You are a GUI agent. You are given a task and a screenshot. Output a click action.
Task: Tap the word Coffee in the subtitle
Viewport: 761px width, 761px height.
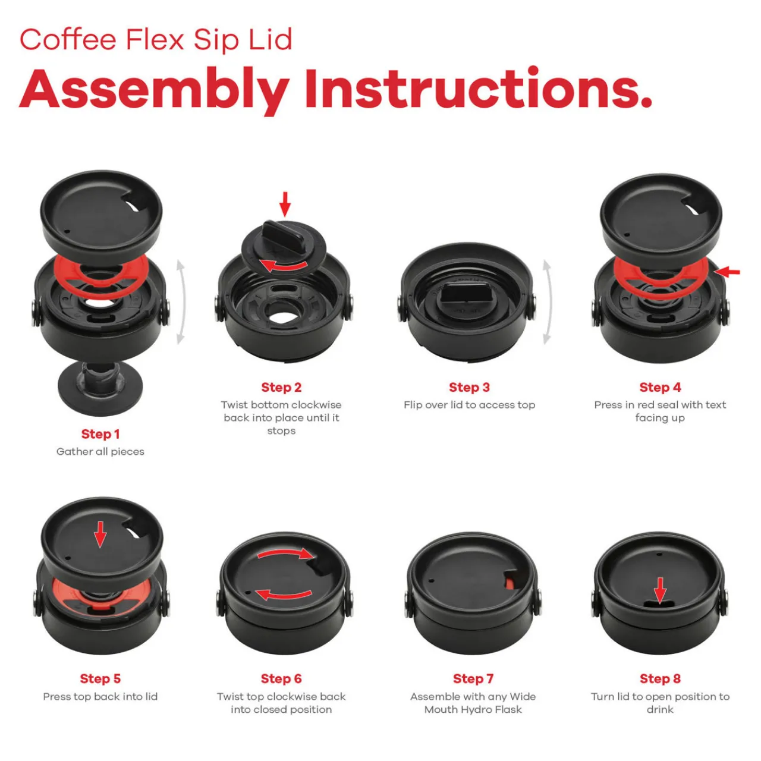tap(68, 40)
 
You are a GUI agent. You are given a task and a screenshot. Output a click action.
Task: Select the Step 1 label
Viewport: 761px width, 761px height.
tap(100, 434)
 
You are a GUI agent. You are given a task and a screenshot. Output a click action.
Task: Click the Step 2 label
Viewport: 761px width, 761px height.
tap(281, 388)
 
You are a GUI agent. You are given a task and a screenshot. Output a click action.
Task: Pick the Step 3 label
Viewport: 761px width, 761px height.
tap(469, 388)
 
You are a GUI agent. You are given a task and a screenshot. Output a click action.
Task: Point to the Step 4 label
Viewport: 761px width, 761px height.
tap(661, 388)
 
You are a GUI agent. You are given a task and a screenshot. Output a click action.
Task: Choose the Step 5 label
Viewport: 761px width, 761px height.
tap(100, 678)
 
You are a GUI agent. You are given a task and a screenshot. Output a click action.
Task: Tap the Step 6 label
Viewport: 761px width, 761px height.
tap(281, 678)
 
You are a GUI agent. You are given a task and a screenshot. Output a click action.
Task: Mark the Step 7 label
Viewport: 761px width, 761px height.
tap(473, 678)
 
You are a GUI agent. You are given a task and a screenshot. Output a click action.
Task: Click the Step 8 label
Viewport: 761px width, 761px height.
tap(661, 678)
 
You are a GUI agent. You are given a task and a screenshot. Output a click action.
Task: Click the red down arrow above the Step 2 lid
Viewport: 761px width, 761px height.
tap(285, 204)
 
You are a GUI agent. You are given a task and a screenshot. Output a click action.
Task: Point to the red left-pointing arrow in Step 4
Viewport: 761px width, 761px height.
tap(727, 272)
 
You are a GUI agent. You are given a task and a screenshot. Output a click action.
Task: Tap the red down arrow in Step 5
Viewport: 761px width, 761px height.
tap(100, 534)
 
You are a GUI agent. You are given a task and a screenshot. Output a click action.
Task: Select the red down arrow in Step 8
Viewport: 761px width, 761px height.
tap(661, 590)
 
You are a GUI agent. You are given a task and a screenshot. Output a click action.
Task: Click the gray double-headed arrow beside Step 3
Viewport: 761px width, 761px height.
tap(547, 302)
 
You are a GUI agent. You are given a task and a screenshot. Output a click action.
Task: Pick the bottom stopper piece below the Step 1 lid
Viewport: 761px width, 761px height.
tap(100, 388)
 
